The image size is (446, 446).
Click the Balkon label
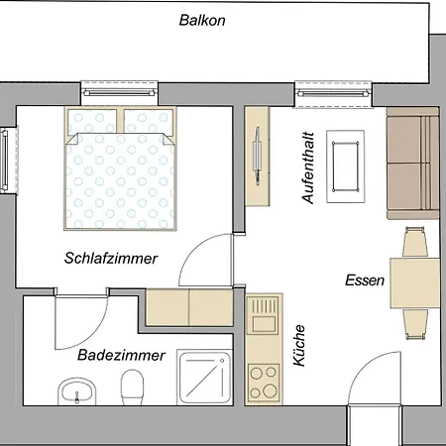[202, 20]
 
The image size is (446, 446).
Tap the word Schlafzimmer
[111, 259]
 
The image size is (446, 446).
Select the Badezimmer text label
[121, 356]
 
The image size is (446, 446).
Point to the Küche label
[299, 346]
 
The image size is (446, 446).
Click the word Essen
[365, 280]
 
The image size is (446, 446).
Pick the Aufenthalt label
[308, 167]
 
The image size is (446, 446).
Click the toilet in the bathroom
[132, 387]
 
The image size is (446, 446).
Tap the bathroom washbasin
[77, 391]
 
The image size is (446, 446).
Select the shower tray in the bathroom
[205, 378]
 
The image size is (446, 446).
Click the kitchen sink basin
[264, 324]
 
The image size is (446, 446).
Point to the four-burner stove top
[264, 383]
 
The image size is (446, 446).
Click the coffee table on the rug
[346, 167]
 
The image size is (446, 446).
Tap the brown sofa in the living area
[413, 163]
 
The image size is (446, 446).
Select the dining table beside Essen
[415, 283]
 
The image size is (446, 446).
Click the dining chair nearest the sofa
[415, 242]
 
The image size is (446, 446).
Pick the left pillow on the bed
[92, 122]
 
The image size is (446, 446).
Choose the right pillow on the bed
[149, 122]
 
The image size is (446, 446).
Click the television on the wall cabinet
[258, 156]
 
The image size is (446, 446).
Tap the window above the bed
[120, 93]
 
